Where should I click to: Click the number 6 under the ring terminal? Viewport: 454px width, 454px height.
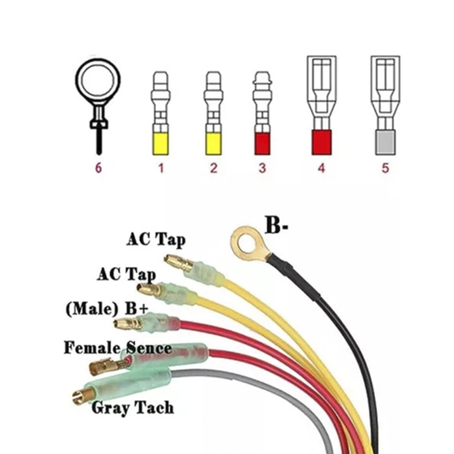coord(99,168)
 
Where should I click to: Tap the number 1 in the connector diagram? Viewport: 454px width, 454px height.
coord(160,168)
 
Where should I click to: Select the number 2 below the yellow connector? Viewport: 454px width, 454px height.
coord(213,168)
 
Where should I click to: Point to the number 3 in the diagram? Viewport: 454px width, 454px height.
coord(262,168)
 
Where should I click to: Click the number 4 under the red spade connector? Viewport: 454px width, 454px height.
coord(321,168)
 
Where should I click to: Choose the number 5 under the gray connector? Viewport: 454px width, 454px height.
coord(385,168)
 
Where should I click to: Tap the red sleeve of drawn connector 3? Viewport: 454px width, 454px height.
coord(262,143)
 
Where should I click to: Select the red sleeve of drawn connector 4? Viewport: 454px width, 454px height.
coord(321,142)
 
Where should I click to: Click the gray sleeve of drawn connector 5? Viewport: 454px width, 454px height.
coord(385,142)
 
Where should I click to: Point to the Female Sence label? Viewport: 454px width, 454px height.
coord(118,348)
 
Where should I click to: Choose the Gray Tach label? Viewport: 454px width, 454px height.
coord(133,407)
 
